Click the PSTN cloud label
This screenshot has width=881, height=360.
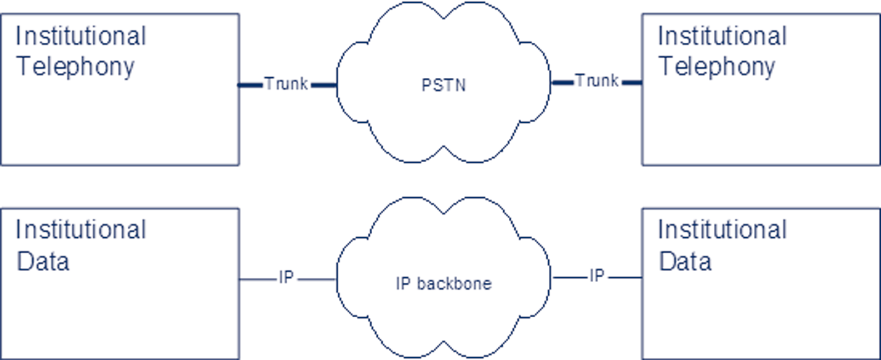(x=443, y=85)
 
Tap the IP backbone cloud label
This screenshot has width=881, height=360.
(x=443, y=283)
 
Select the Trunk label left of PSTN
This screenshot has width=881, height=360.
(x=286, y=84)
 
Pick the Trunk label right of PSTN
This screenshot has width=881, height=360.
(x=597, y=81)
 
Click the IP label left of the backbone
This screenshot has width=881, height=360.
(x=286, y=277)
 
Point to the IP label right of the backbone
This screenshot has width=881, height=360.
(x=597, y=276)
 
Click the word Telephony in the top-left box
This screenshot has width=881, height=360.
(x=76, y=67)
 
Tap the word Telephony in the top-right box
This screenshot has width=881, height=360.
(x=717, y=67)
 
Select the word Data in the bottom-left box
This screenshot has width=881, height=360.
(x=43, y=261)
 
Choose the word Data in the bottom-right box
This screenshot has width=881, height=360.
(x=685, y=261)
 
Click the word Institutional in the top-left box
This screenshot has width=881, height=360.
(x=81, y=36)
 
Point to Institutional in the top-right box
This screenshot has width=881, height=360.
(x=722, y=36)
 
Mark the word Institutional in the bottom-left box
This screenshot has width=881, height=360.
(x=81, y=229)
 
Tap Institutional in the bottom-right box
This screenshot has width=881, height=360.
(x=722, y=229)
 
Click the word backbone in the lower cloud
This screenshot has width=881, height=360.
(x=454, y=283)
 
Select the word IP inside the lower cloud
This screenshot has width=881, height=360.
(x=403, y=283)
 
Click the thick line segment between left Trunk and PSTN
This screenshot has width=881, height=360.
(x=324, y=85)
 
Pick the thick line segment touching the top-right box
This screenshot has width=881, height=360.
(x=632, y=83)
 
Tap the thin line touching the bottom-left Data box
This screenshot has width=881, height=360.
(x=258, y=279)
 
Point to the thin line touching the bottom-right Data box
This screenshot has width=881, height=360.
(x=626, y=277)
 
